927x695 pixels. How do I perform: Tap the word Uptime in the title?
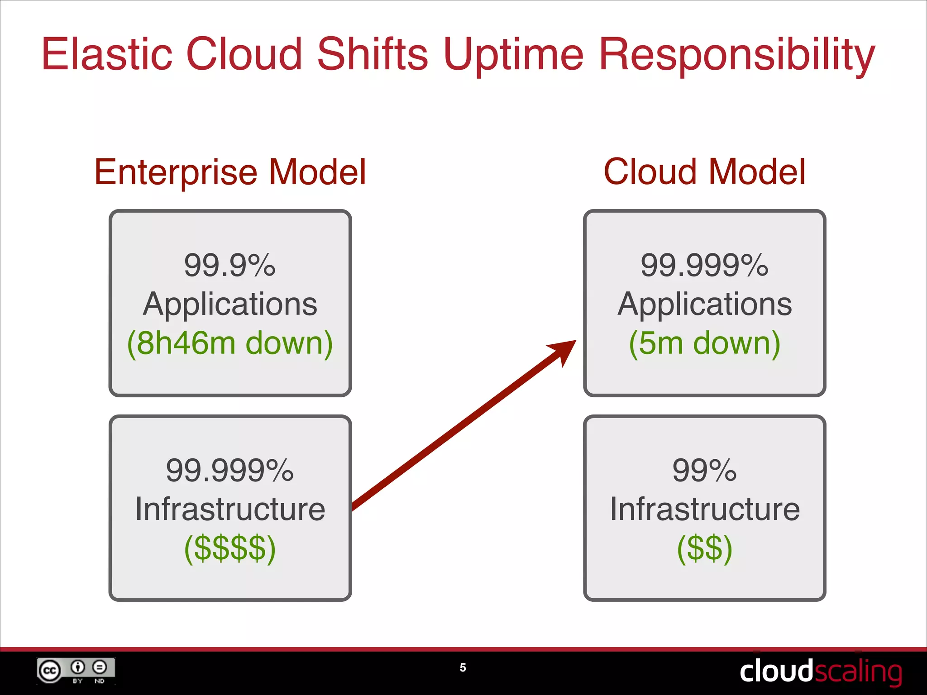pos(513,55)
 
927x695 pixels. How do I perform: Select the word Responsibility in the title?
pos(736,55)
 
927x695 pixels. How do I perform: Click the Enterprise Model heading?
pos(230,172)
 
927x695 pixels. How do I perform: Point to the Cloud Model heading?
pos(704,172)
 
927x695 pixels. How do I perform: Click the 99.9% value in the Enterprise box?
pos(230,265)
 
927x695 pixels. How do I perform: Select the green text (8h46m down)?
pos(230,343)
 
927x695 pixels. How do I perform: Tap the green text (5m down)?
pos(704,343)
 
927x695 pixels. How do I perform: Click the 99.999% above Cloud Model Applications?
pos(704,265)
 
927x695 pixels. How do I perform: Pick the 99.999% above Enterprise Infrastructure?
pos(230,471)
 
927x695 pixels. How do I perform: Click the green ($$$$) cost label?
pos(230,548)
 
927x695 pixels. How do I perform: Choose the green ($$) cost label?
pos(704,548)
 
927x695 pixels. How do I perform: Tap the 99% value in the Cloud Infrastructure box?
pos(704,471)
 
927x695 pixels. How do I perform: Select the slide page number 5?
pos(463,668)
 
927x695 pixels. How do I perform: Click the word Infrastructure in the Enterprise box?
pos(230,509)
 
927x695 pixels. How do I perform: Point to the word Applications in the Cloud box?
pos(704,304)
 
